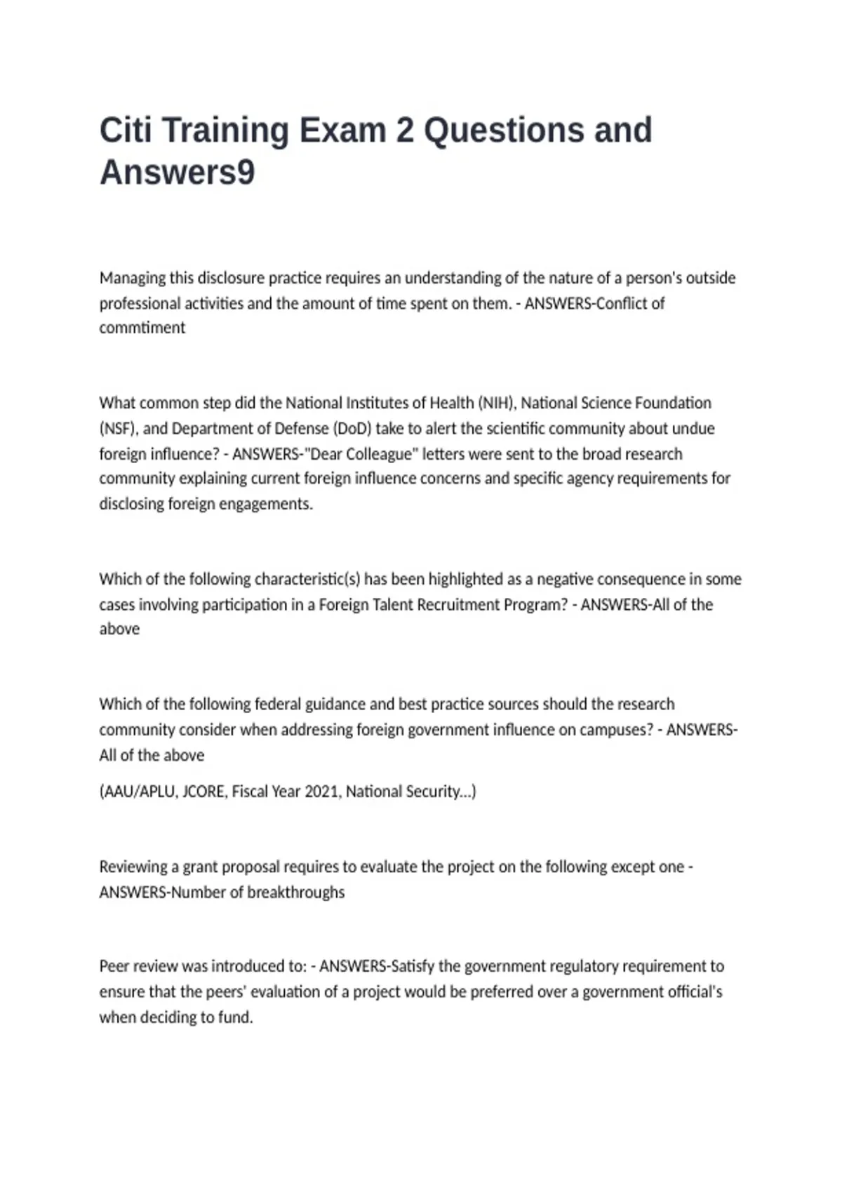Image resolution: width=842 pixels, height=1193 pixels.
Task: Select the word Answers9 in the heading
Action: [x=177, y=173]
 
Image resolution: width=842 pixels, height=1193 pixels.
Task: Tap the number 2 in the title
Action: [x=404, y=131]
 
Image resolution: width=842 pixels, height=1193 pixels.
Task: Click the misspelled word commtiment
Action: [x=142, y=328]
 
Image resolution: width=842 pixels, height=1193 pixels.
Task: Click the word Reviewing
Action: [x=133, y=867]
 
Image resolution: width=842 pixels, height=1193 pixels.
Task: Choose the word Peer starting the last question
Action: [x=114, y=966]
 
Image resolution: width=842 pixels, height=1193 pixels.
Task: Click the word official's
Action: [x=691, y=992]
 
